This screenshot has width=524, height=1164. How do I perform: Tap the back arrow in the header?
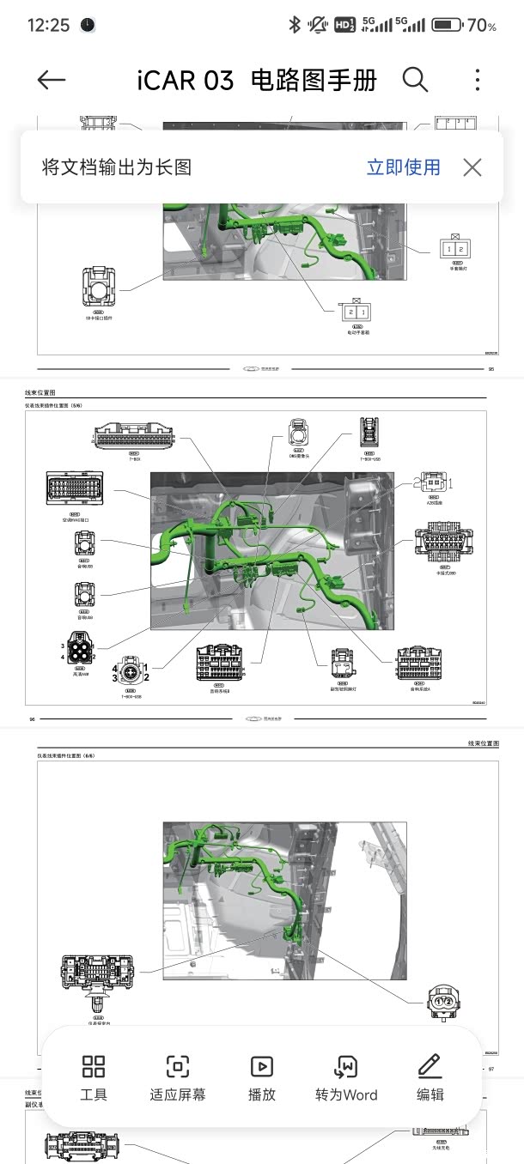click(x=52, y=81)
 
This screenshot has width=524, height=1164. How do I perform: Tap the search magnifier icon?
click(x=415, y=80)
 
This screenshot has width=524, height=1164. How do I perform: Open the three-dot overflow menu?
click(x=478, y=80)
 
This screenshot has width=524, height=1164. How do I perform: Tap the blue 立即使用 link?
click(x=403, y=167)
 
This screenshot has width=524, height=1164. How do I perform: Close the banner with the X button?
click(x=472, y=167)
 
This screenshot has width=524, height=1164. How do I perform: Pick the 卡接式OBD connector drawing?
click(x=444, y=543)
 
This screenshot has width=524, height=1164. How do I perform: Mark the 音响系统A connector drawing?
click(x=420, y=662)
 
